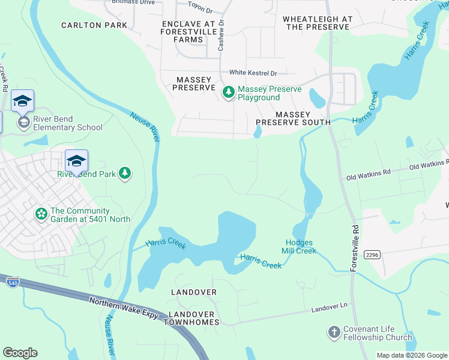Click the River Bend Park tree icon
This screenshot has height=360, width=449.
[125, 174]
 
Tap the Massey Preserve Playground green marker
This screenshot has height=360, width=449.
[228, 92]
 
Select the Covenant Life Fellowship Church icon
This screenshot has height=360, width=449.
[334, 332]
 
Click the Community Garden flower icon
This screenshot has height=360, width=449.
[41, 214]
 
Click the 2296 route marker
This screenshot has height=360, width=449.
[372, 238]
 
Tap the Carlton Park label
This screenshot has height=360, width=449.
[94, 25]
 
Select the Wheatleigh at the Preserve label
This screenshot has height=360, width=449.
[318, 23]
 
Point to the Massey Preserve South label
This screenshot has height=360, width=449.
[293, 118]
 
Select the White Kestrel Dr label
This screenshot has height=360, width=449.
[252, 73]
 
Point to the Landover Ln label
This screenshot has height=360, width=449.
[330, 307]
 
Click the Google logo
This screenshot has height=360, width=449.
[20, 353]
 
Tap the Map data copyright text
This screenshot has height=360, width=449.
[411, 355]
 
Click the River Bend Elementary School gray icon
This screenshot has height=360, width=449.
[23, 123]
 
